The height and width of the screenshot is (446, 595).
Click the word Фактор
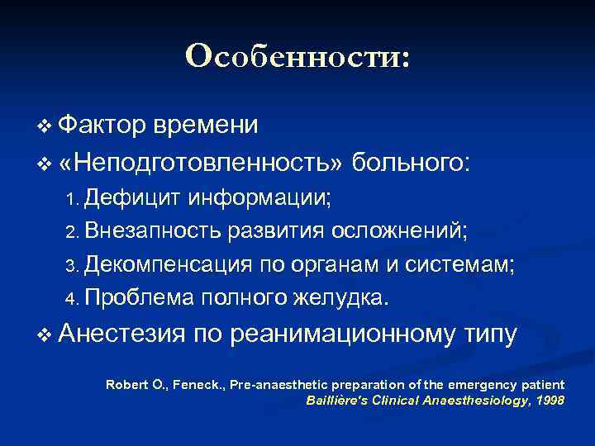103,125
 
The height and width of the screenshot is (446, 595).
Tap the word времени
207,125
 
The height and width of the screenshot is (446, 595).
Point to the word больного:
412,161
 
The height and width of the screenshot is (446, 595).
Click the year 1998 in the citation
549,401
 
